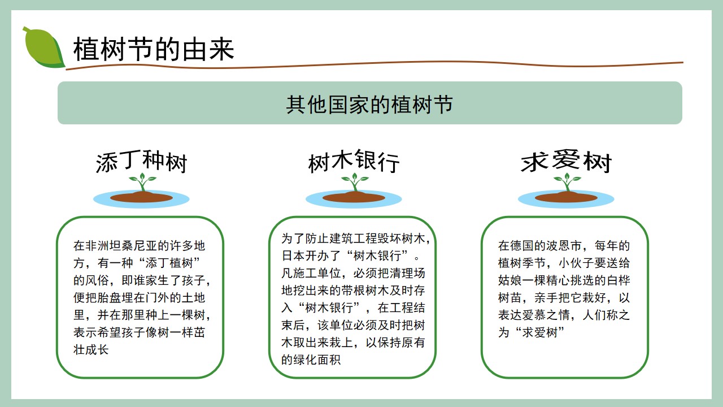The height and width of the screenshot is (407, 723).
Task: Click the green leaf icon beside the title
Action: [x=43, y=47]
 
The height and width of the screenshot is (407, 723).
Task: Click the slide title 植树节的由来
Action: [x=154, y=49]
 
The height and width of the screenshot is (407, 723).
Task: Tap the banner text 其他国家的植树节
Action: [x=369, y=105]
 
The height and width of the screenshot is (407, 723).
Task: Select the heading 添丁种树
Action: [x=141, y=162]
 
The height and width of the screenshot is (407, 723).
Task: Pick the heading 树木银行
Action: [x=354, y=162]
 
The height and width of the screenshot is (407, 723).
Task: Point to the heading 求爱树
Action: [x=566, y=161]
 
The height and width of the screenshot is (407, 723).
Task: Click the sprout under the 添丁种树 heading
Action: [x=142, y=182]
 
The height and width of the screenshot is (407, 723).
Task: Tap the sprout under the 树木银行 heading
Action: [x=355, y=182]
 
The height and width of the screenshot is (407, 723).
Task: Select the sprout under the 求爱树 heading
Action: [x=567, y=182]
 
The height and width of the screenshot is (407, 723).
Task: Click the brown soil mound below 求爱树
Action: [x=566, y=197]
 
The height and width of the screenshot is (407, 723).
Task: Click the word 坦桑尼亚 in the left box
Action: [x=134, y=246]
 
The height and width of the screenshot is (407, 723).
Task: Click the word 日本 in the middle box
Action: [x=293, y=256]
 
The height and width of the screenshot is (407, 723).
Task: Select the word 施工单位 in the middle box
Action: [x=317, y=273]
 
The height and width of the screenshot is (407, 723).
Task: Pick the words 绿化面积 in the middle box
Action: [x=317, y=360]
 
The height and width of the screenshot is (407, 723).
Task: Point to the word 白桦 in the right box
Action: [x=618, y=280]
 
